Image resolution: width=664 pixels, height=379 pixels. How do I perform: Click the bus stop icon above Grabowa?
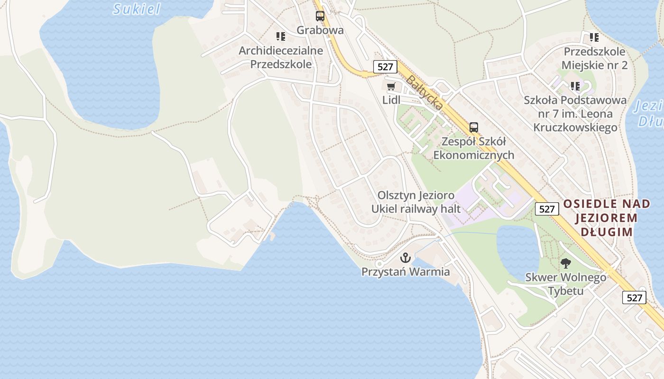(320, 16)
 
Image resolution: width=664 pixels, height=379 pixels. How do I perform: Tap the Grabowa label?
(320, 30)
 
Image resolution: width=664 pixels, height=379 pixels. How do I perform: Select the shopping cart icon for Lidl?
(391, 86)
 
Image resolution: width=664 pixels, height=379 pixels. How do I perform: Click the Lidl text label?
(391, 100)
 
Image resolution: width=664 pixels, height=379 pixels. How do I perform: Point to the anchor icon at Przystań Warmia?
(405, 258)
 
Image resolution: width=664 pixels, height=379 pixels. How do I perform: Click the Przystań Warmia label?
(406, 272)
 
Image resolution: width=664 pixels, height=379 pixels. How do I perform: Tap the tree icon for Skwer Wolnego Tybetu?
(565, 263)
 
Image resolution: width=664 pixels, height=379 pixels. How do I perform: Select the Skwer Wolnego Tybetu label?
(565, 284)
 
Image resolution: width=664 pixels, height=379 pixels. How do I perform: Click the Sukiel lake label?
(137, 9)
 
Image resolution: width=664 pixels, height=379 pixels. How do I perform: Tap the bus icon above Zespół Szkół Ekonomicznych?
(473, 127)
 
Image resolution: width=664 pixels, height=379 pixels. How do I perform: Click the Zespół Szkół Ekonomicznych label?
(473, 148)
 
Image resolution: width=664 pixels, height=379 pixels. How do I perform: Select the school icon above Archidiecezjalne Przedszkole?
(281, 36)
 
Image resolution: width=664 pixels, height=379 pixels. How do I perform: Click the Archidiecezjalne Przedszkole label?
(281, 57)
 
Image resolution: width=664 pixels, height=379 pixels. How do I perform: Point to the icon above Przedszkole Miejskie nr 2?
(594, 37)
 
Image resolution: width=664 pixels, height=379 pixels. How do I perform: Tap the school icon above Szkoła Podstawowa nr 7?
(575, 86)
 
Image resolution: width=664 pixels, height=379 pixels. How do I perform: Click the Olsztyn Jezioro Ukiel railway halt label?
(416, 202)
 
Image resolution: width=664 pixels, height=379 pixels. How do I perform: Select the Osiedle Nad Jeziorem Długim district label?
(606, 218)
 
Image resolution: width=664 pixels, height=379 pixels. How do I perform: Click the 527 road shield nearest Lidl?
(385, 67)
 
